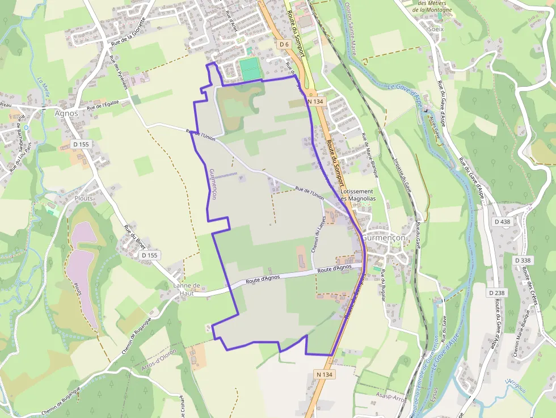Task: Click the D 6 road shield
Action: pos(284,44)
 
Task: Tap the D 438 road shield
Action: pos(502,222)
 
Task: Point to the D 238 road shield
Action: pos(497,293)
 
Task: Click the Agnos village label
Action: pos(66,112)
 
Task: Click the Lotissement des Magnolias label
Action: pos(357,195)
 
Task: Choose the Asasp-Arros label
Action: pos(392,399)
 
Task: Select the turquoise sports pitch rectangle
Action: pos(250,69)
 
